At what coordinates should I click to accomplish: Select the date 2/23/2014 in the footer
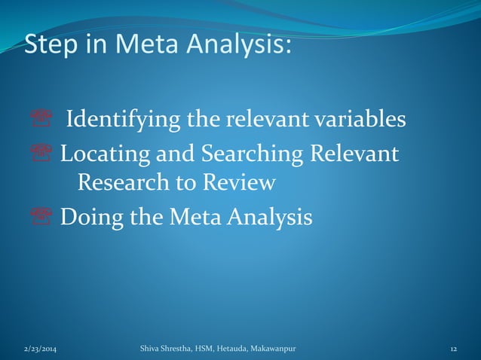[40, 350]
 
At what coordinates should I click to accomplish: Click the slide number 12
[454, 350]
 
